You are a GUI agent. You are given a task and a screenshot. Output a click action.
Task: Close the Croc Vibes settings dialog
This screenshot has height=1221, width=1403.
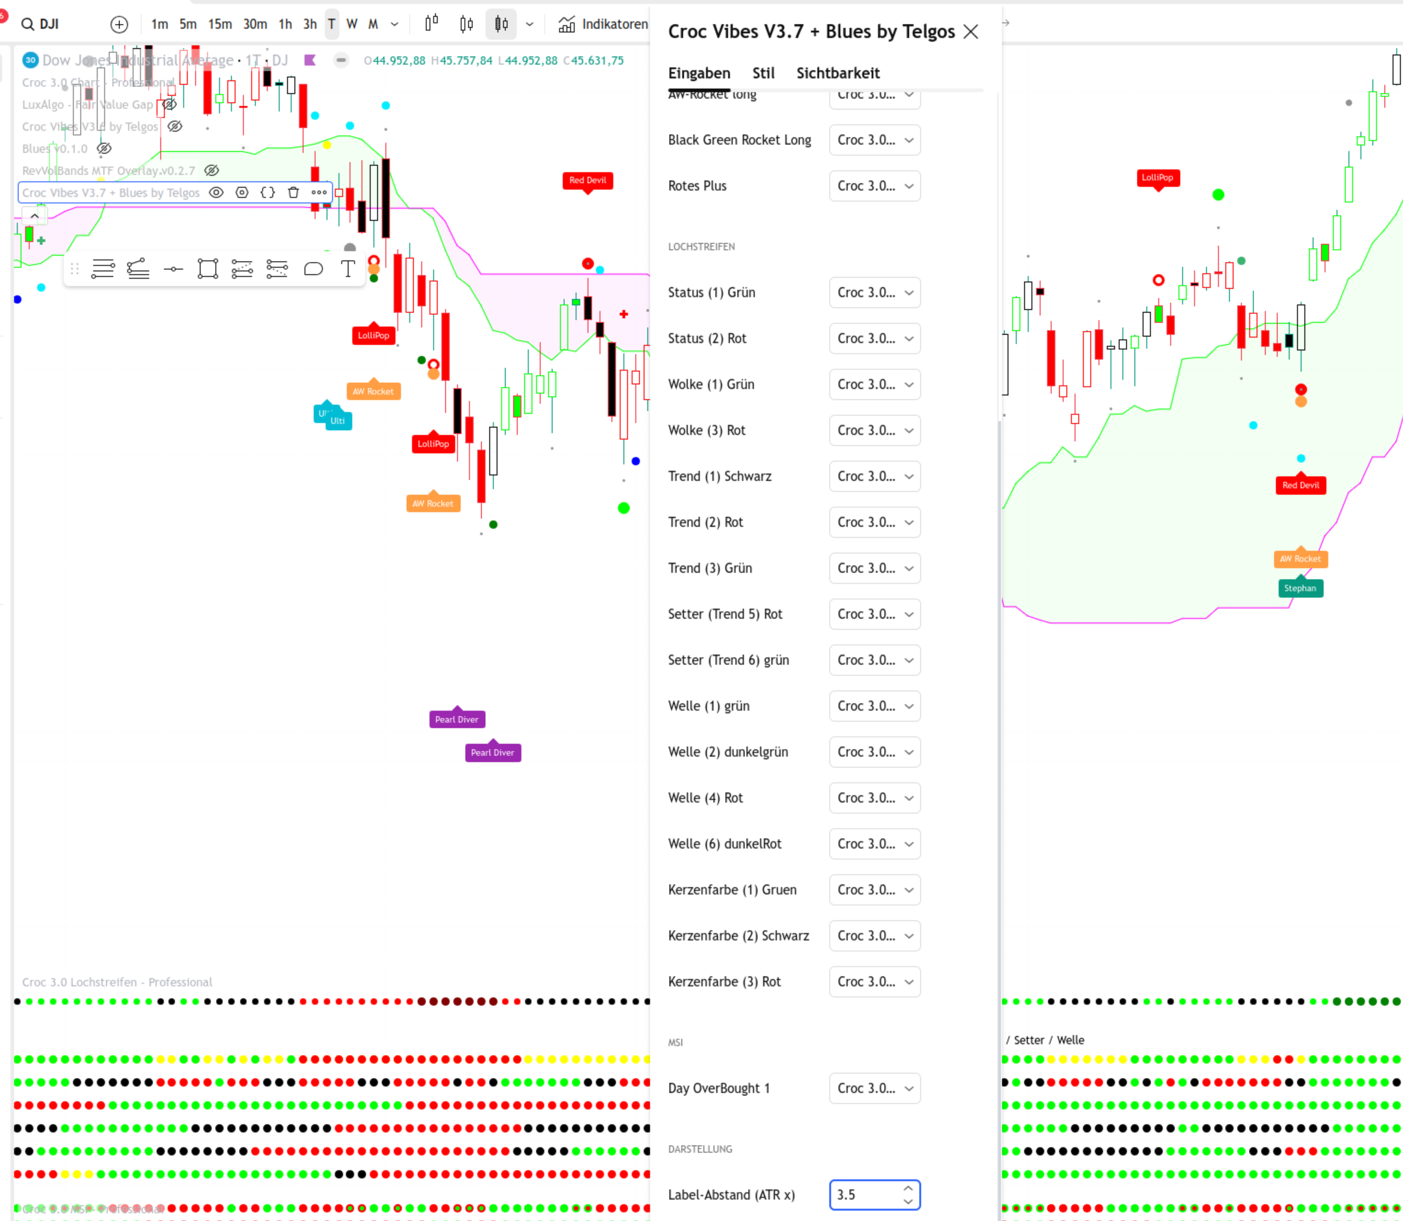tap(970, 31)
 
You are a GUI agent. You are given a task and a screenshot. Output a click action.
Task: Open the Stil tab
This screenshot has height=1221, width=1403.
tap(763, 73)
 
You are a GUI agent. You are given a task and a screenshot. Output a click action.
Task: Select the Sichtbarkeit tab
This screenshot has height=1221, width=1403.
tap(838, 73)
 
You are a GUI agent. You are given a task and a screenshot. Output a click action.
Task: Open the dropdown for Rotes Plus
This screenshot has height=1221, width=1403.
tap(874, 186)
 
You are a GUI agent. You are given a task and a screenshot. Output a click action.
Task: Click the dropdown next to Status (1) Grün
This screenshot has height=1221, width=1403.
tap(874, 292)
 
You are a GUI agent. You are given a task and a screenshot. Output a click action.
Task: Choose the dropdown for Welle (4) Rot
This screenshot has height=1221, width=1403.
tap(874, 798)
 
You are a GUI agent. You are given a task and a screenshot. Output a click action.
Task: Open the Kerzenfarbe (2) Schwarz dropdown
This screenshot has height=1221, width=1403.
tap(874, 936)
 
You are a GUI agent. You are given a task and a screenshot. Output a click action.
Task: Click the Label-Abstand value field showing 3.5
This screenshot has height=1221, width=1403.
tap(864, 1195)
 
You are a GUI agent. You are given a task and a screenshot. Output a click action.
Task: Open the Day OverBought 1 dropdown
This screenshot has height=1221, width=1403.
tap(874, 1088)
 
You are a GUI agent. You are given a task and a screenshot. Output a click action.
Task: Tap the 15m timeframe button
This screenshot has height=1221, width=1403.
tap(219, 25)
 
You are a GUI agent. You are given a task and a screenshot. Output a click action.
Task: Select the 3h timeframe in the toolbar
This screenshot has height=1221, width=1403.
tap(309, 25)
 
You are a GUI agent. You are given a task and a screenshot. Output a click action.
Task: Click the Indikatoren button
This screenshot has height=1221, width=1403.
tap(603, 25)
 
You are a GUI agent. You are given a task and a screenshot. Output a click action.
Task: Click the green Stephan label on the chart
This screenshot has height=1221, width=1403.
tap(1300, 588)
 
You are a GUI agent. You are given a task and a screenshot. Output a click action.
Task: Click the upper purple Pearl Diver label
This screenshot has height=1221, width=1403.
tap(456, 719)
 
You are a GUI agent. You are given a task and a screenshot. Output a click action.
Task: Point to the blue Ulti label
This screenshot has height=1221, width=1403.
tap(338, 421)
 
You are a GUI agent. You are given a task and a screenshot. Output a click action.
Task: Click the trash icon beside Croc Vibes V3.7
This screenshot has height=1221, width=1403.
tap(293, 193)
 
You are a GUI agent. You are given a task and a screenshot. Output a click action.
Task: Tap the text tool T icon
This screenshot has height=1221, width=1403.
tap(347, 269)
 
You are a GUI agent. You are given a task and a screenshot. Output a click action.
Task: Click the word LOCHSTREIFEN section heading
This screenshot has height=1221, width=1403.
tap(701, 247)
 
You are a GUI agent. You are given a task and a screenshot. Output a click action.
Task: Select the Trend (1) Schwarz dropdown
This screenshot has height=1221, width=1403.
tap(874, 476)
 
